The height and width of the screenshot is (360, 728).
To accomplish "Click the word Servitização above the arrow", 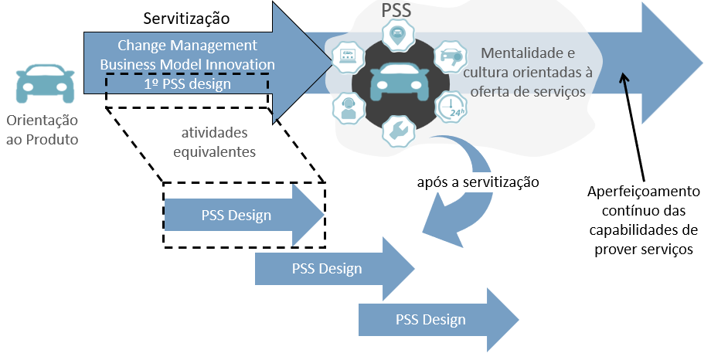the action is click(186, 19).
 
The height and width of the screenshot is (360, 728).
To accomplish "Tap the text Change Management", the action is click(187, 46).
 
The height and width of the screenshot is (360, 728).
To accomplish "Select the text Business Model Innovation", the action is click(188, 64).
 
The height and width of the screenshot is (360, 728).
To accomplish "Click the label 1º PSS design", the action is click(187, 84).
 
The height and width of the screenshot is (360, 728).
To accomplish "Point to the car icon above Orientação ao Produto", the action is click(45, 83).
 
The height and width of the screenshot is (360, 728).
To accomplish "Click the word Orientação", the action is click(43, 121).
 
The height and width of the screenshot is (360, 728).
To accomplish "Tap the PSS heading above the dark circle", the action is click(396, 11).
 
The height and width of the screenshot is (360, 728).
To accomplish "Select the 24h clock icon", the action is click(451, 107).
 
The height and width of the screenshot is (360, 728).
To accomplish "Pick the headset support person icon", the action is click(349, 108).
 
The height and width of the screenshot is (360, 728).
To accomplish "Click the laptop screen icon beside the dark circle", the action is click(349, 56).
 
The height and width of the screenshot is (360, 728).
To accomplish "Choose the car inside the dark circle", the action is click(400, 82).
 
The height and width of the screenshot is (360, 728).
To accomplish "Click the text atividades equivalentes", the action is click(214, 142).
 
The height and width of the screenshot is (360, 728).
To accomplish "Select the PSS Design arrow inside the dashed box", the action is click(244, 215).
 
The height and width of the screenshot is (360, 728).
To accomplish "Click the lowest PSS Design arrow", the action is click(438, 320).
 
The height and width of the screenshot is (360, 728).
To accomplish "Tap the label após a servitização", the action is click(478, 182).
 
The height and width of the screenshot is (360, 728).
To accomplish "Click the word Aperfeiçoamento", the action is click(643, 192).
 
